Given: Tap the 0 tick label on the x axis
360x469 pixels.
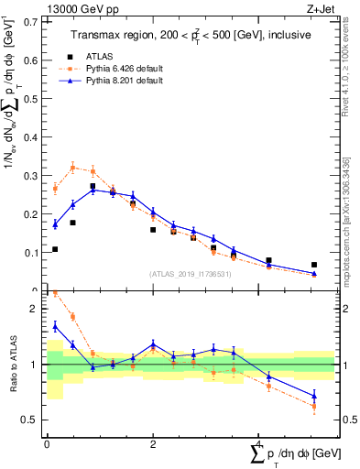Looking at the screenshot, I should [47, 443].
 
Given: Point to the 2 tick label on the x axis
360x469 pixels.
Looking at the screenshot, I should [152, 443].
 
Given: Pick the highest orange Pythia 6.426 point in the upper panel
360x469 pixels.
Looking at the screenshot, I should [73, 168].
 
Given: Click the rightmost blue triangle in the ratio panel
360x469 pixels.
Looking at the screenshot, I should [314, 396].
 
